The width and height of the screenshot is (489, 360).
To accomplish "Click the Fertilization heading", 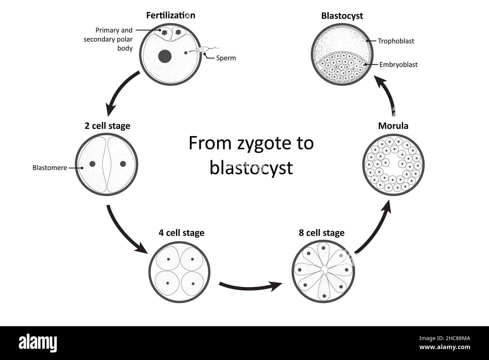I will [170, 15].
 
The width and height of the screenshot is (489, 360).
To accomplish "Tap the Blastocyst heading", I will [342, 16].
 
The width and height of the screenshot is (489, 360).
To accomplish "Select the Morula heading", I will [393, 126].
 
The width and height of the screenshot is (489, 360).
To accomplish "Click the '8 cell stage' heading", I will [322, 233].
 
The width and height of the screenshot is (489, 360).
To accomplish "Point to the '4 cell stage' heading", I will [181, 233].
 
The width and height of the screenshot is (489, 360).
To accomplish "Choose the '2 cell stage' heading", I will [107, 126].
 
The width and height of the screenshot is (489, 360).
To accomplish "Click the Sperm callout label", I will [226, 58].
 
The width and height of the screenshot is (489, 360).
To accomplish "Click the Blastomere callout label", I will [50, 168].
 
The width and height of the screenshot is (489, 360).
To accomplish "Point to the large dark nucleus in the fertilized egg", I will [165, 56].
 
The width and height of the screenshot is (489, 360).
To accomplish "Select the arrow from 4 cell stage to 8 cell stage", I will [250, 287].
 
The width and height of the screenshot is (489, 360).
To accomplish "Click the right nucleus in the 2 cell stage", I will [123, 164].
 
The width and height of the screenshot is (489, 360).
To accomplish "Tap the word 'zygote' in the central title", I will [264, 144].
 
